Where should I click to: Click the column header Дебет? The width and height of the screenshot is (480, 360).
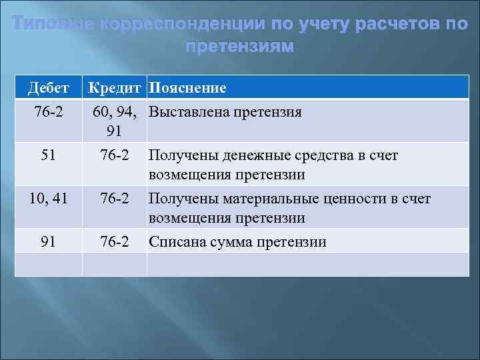48,88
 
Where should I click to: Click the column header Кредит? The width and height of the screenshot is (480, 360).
115,88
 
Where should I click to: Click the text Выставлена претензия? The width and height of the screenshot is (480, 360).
225,111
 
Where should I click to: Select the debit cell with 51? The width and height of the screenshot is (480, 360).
48,155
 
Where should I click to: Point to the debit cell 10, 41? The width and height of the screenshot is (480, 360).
48,198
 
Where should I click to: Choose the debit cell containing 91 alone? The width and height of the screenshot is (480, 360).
48,241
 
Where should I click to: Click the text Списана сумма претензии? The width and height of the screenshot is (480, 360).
237,241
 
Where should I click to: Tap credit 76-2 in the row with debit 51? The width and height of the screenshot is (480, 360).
115,155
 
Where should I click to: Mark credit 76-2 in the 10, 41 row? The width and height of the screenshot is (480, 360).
115,198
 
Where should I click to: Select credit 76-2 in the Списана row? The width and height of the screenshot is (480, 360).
115,241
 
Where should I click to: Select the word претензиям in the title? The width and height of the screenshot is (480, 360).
239,47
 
